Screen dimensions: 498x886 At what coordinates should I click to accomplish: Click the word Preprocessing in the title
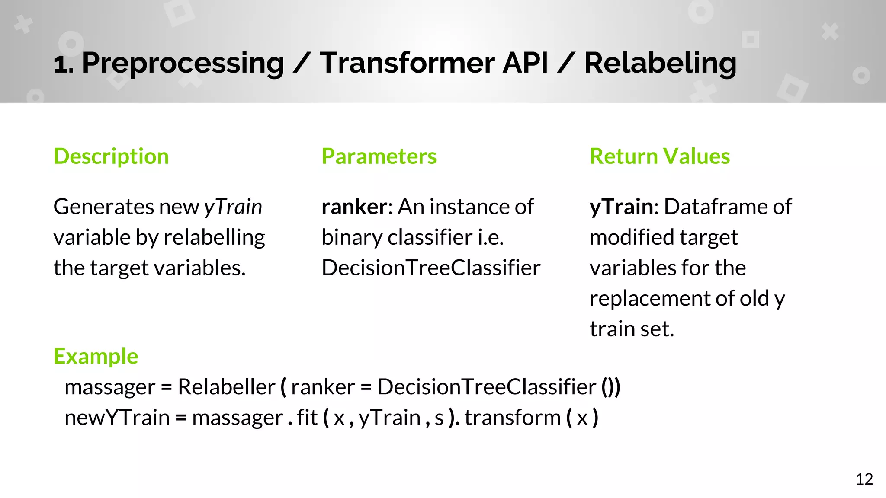pyautogui.click(x=183, y=63)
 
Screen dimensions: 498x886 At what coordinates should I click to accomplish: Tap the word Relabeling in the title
pyautogui.click(x=660, y=63)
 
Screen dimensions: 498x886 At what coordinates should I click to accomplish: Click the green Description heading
pyautogui.click(x=111, y=156)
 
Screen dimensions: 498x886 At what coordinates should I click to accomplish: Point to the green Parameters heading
pyautogui.click(x=379, y=156)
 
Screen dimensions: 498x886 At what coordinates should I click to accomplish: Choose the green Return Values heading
pyautogui.click(x=660, y=156)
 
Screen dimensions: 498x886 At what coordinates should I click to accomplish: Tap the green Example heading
pyautogui.click(x=96, y=356)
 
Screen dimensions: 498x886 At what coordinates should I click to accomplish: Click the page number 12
pyautogui.click(x=864, y=479)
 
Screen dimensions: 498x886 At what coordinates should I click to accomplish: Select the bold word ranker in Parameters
pyautogui.click(x=354, y=207)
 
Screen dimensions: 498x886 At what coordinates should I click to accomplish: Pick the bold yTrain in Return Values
pyautogui.click(x=621, y=207)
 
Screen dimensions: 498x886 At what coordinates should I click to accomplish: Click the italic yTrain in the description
pyautogui.click(x=233, y=207)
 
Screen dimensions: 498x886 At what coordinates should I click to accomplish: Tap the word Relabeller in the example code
pyautogui.click(x=226, y=386)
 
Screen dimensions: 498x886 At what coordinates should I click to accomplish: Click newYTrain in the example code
pyautogui.click(x=117, y=418)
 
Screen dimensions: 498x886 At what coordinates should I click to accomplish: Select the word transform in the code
pyautogui.click(x=513, y=418)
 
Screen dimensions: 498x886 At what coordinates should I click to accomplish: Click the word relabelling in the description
pyautogui.click(x=214, y=237)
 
